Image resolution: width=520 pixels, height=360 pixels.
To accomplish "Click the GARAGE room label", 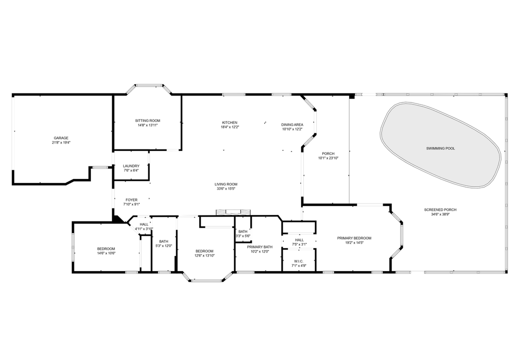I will click(x=61, y=138).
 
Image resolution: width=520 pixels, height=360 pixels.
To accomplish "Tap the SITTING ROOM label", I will click(x=147, y=120).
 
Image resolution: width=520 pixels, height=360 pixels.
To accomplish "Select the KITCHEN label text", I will click(x=230, y=122).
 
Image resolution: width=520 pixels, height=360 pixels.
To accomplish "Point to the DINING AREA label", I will click(x=292, y=124).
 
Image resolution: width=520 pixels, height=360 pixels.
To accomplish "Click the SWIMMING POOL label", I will click(x=441, y=148).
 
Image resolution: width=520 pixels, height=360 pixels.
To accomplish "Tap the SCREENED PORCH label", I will click(x=440, y=209).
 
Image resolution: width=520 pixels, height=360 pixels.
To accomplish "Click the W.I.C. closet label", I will click(x=299, y=261).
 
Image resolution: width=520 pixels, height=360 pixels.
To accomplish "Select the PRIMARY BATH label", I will click(x=260, y=246).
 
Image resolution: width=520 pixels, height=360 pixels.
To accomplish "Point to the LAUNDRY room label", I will click(x=131, y=166).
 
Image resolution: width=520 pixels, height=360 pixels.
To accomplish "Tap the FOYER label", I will click(x=131, y=199).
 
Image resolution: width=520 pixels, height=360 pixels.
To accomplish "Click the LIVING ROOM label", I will click(x=226, y=184).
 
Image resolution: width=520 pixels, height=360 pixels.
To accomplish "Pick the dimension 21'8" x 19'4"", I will click(x=61, y=142).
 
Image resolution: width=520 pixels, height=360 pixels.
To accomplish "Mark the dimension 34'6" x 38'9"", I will click(x=440, y=214).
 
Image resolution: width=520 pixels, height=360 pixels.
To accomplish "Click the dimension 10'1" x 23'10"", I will click(x=328, y=158).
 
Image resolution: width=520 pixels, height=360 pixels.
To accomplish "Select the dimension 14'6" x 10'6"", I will click(x=106, y=253).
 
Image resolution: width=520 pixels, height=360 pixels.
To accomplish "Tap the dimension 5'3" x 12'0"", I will click(x=164, y=245).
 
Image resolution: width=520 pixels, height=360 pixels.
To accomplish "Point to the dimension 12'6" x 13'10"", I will click(x=204, y=255).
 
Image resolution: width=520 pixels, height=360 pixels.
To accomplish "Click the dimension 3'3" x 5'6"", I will click(x=243, y=235).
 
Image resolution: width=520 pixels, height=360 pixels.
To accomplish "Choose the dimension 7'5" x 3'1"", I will click(x=299, y=244).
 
